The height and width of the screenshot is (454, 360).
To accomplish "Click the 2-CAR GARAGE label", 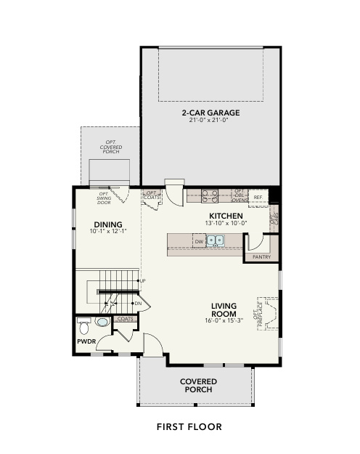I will (x=210, y=113).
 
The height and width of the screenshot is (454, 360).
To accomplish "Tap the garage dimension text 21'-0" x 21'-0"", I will (x=210, y=120).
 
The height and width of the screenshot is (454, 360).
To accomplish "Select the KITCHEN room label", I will (x=226, y=216).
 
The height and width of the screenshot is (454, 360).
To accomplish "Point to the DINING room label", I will (x=107, y=224).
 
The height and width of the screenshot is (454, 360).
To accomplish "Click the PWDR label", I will (x=86, y=340).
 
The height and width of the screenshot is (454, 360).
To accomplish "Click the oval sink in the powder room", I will (x=103, y=321).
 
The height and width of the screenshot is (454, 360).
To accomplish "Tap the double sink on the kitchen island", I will (x=216, y=241).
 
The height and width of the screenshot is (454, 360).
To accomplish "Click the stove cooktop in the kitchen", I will (x=210, y=195).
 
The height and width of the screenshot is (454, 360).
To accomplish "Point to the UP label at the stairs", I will (x=142, y=280).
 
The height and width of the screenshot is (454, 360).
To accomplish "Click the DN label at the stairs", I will (x=138, y=303).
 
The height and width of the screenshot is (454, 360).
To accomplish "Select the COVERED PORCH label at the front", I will (x=197, y=385).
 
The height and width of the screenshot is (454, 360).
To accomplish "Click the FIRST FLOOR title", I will (x=189, y=426).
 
